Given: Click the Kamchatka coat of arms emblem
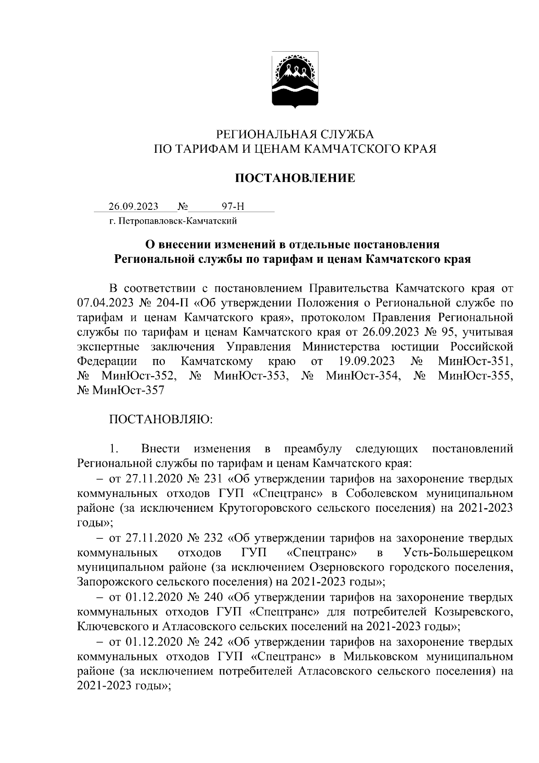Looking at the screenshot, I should [295, 80].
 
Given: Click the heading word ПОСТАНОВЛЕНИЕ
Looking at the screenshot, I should [296, 178].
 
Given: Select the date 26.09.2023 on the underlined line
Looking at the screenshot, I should [133, 207].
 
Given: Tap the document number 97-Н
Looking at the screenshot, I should [233, 207].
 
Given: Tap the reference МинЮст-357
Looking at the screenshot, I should [128, 390].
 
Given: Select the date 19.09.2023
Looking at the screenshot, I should [365, 361].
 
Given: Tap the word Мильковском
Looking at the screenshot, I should [381, 656].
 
